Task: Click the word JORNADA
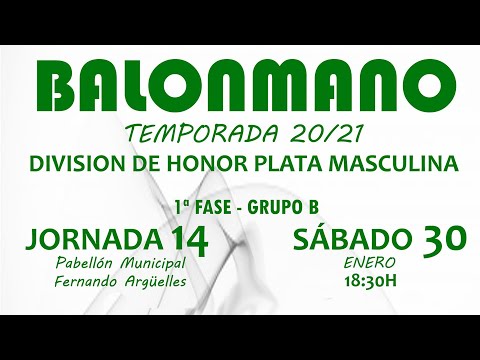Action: (95, 239)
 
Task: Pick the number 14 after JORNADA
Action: (190, 239)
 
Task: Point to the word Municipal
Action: (156, 262)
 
